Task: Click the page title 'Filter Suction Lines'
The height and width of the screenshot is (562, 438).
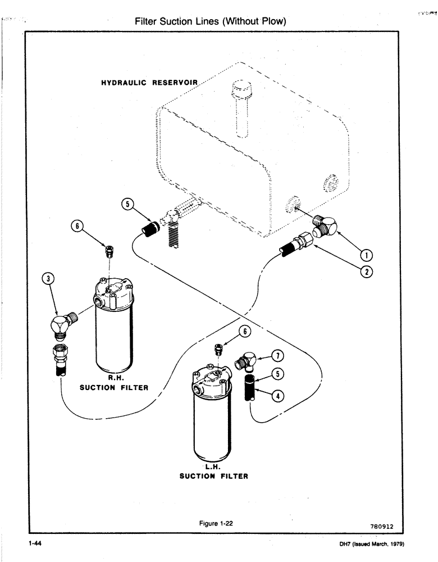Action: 211,21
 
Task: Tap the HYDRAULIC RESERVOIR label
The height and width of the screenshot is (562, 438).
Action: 149,83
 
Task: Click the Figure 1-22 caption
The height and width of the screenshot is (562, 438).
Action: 216,523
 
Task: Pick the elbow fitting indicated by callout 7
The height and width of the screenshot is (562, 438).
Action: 247,360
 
